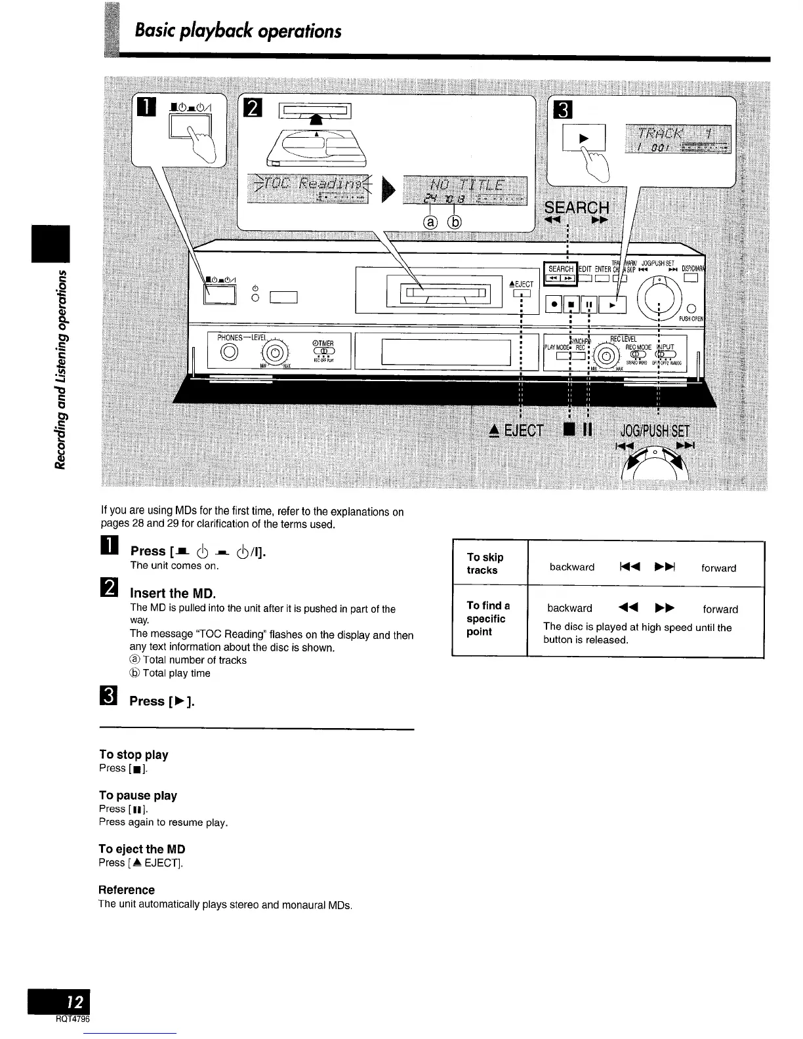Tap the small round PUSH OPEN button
point(690,309)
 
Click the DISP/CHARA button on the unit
point(690,278)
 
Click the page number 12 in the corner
point(75,1002)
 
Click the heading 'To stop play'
point(133,754)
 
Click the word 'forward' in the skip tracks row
point(718,568)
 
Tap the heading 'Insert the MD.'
point(173,594)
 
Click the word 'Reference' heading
point(127,889)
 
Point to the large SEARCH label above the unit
point(577,208)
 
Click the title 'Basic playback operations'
point(237,31)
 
